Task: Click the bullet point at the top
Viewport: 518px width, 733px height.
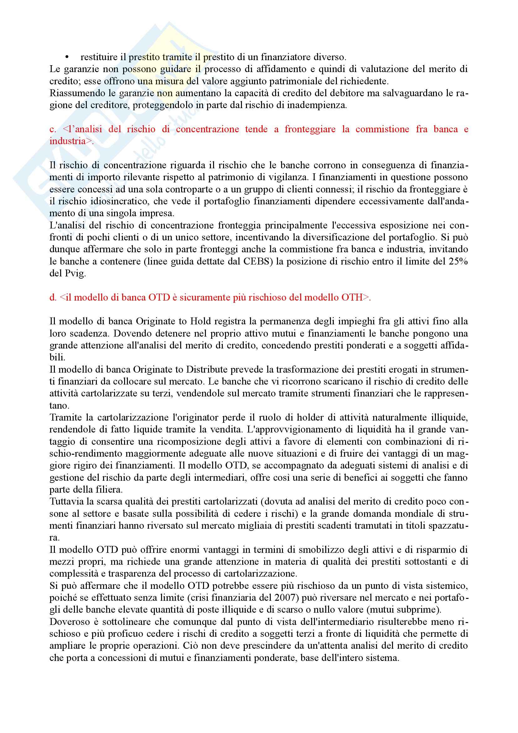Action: (x=67, y=57)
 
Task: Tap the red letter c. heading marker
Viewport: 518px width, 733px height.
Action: (x=53, y=129)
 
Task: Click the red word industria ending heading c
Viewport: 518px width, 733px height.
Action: (x=67, y=141)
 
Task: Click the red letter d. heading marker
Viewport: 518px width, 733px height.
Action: (x=53, y=297)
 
